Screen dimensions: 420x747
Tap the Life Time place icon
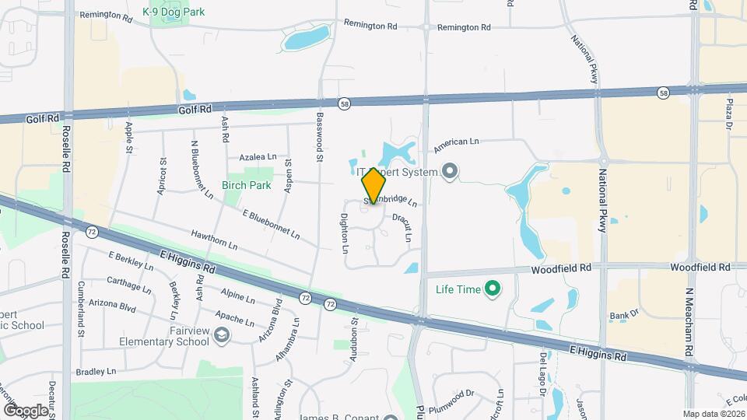coord(492,289)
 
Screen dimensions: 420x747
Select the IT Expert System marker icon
coord(449,171)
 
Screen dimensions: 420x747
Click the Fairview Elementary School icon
coord(223,334)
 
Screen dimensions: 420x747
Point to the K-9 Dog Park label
coord(173,12)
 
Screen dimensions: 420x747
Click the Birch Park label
coord(246,185)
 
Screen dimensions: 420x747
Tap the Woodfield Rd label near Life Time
coord(561,268)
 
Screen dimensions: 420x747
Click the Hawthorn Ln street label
coord(213,240)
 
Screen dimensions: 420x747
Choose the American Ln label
coord(456,142)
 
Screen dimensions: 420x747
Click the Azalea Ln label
coord(258,156)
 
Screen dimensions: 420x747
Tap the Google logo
coord(26,410)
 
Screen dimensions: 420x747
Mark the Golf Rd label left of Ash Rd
coord(195,110)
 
